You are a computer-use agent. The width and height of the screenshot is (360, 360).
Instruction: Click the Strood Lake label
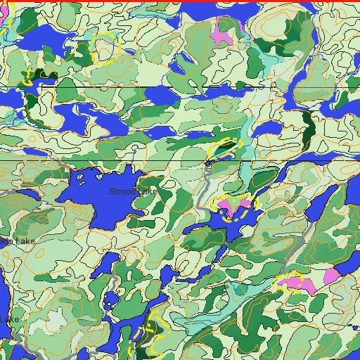(x=134, y=191)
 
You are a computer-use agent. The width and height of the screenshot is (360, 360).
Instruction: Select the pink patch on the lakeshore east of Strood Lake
(x=232, y=205)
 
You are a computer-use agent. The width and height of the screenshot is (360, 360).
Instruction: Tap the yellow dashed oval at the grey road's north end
(x=225, y=148)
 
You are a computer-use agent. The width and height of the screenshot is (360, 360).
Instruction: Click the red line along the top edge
(x=180, y=1)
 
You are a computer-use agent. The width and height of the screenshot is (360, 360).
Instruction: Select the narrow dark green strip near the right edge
(x=307, y=127)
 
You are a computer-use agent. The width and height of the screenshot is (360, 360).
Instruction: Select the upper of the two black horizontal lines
(x=180, y=87)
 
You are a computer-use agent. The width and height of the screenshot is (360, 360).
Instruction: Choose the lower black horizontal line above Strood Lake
(x=180, y=160)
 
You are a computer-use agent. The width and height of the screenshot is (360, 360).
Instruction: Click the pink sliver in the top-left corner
(x=3, y=13)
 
